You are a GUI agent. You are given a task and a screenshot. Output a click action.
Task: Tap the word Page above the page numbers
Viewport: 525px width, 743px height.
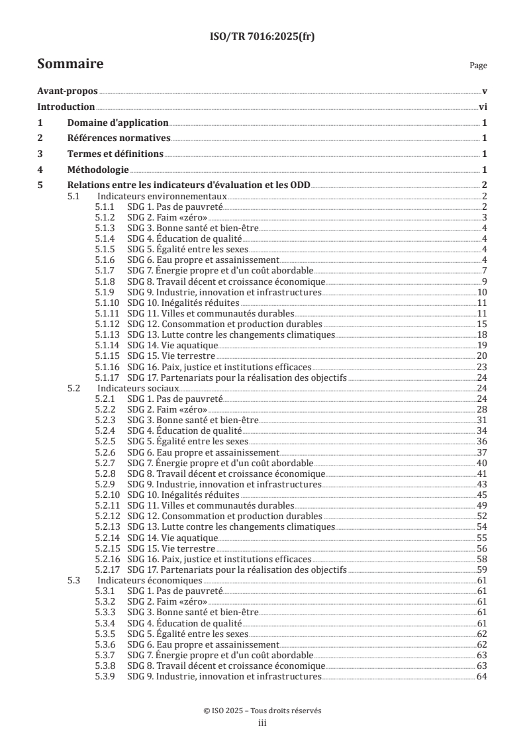(x=478, y=66)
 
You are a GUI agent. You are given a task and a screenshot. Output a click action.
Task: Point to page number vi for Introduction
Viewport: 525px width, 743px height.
(x=483, y=107)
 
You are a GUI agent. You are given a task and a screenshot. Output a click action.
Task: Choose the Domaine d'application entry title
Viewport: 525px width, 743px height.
(x=118, y=123)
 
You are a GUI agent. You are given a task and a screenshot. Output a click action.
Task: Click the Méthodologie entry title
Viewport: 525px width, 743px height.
(x=98, y=169)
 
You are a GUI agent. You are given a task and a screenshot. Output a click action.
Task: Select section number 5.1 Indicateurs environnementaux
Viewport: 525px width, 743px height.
(x=74, y=197)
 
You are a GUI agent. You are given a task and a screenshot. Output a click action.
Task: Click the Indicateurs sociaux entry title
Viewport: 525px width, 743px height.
(x=129, y=388)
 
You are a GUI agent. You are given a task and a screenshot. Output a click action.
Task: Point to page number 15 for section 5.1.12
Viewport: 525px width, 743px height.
(x=483, y=324)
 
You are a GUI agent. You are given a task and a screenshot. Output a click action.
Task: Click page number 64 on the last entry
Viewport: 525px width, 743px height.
(x=483, y=676)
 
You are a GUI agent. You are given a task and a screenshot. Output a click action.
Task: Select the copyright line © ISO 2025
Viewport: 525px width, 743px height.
(x=262, y=711)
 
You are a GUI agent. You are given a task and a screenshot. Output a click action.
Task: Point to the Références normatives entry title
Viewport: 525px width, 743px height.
(x=119, y=138)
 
